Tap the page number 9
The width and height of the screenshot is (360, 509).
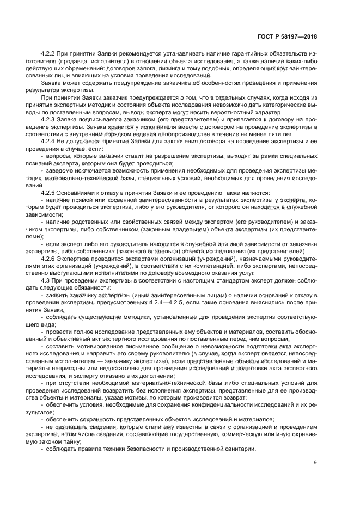click(x=315, y=463)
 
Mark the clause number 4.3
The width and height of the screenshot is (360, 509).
click(x=46, y=279)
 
